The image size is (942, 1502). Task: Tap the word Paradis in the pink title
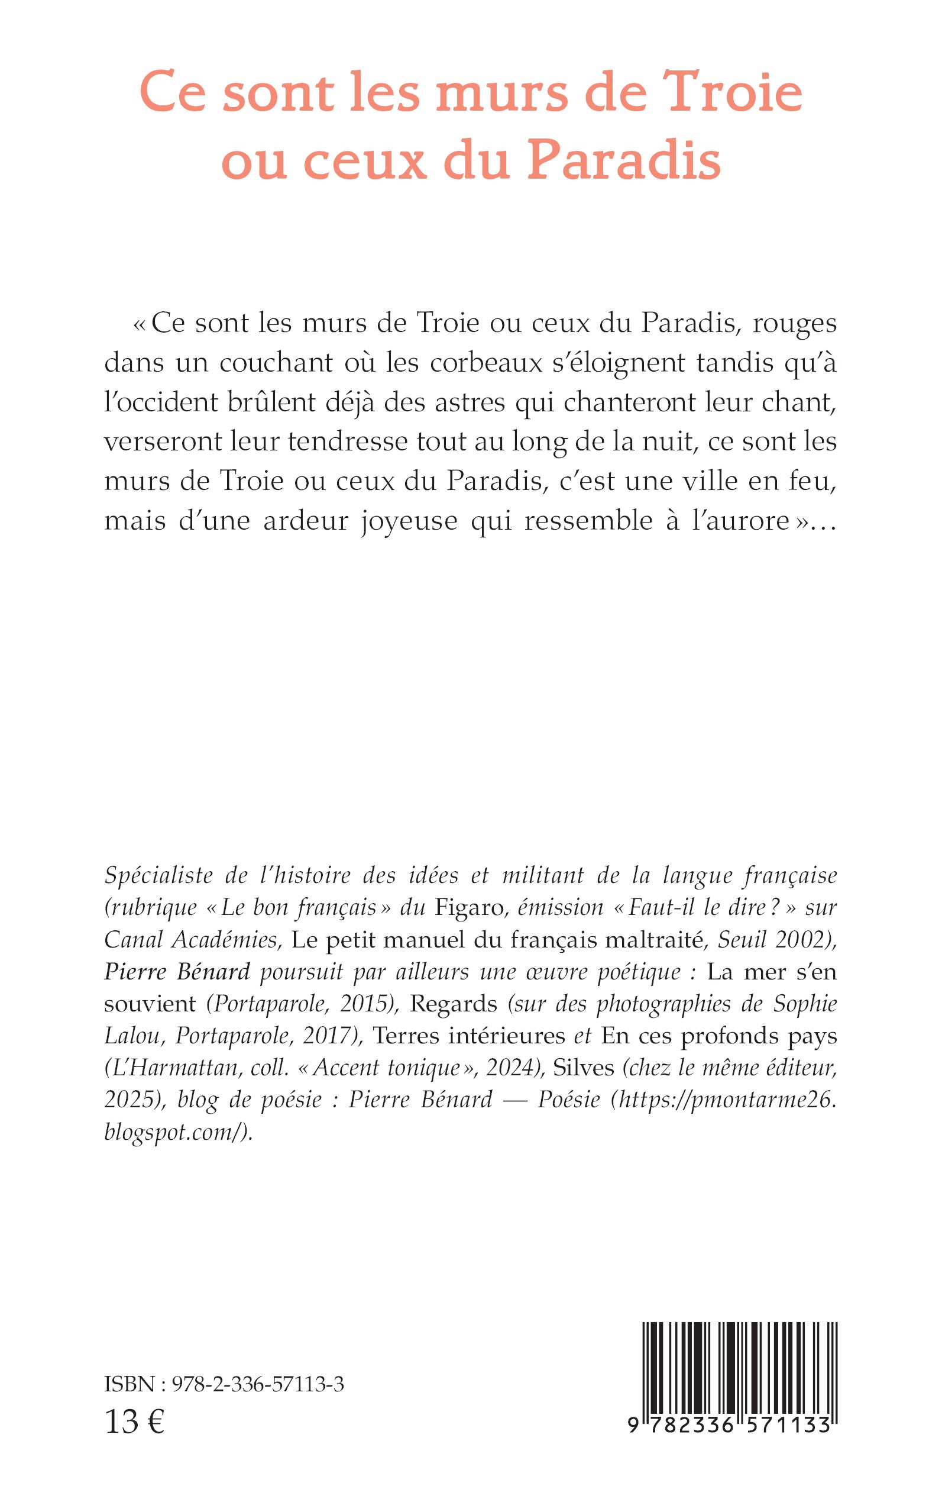coord(624,160)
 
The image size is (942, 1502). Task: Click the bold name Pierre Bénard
coord(177,971)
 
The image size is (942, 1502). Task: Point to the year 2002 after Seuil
coord(804,940)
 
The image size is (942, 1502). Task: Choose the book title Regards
coord(454,1004)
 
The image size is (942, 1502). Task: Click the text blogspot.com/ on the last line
coord(176,1132)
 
